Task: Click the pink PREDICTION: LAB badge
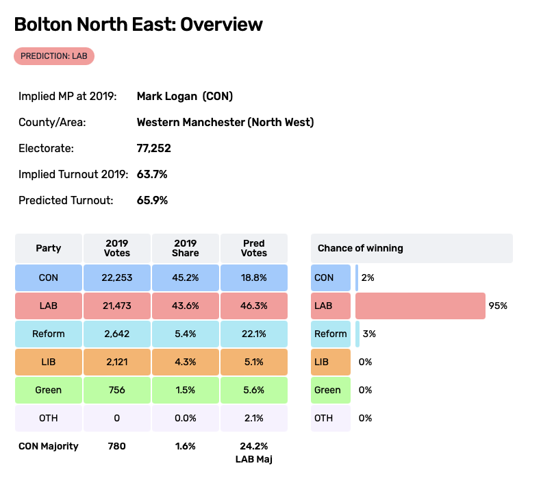(x=54, y=56)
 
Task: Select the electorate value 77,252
(x=154, y=148)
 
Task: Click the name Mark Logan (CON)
(x=185, y=96)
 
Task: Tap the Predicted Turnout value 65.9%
(x=152, y=200)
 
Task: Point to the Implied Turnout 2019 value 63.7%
(x=152, y=174)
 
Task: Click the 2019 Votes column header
(x=117, y=248)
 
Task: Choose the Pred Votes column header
(x=254, y=248)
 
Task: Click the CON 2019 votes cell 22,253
(x=117, y=277)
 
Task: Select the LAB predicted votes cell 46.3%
(x=254, y=306)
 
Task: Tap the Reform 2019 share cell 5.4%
(x=186, y=334)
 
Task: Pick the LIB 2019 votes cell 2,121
(x=117, y=362)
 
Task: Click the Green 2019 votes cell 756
(x=117, y=390)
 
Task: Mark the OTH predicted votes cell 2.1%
(x=254, y=418)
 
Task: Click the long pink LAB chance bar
(x=420, y=306)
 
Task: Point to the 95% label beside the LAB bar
(x=498, y=306)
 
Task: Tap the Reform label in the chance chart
(x=331, y=334)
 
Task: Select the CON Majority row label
(x=49, y=446)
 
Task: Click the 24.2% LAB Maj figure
(x=254, y=446)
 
